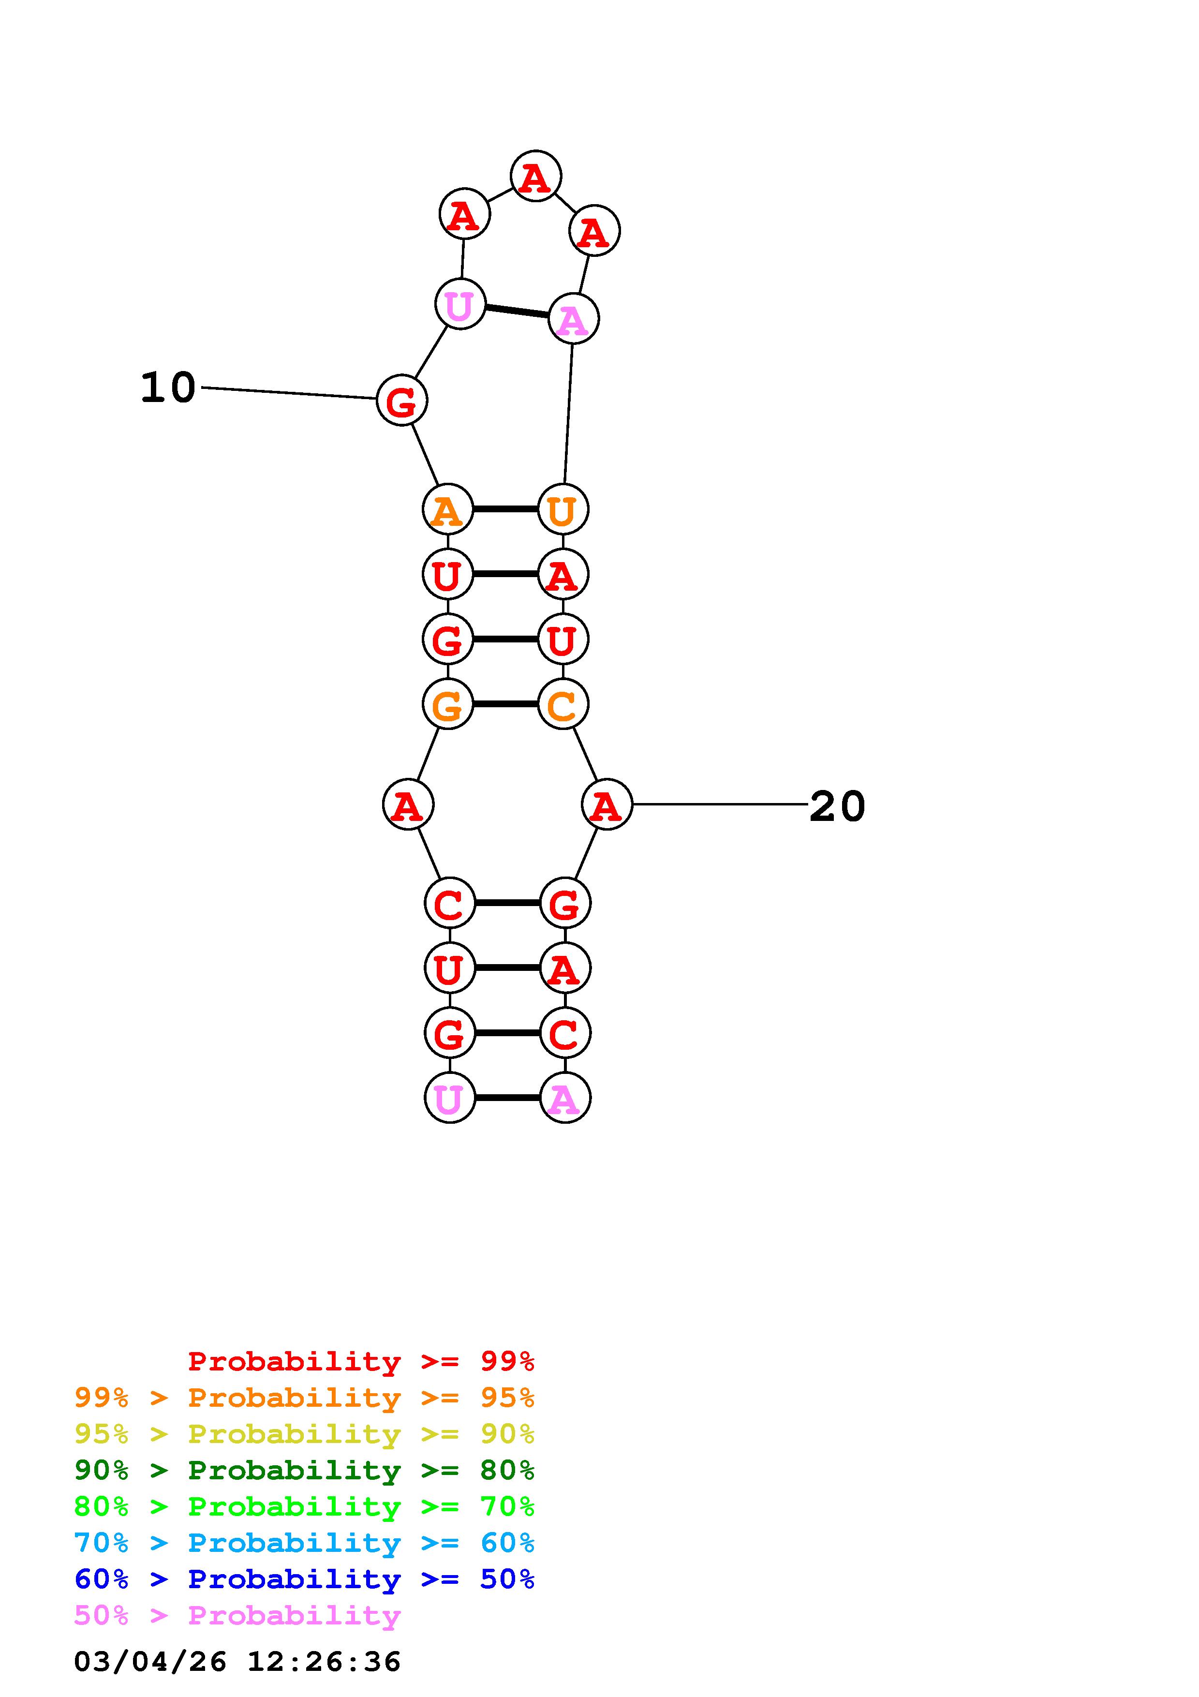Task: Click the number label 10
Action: pyautogui.click(x=168, y=387)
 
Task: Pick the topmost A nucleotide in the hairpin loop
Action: pyautogui.click(x=535, y=177)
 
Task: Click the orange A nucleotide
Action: pyautogui.click(x=447, y=509)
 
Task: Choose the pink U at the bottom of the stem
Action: pyautogui.click(x=449, y=1098)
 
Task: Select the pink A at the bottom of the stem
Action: pyautogui.click(x=565, y=1098)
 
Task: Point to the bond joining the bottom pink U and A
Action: pyautogui.click(x=507, y=1098)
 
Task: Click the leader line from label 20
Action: pyautogui.click(x=720, y=804)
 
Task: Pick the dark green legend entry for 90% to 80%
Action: pyautogui.click(x=304, y=1470)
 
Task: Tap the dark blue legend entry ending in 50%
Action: pyautogui.click(x=304, y=1579)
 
